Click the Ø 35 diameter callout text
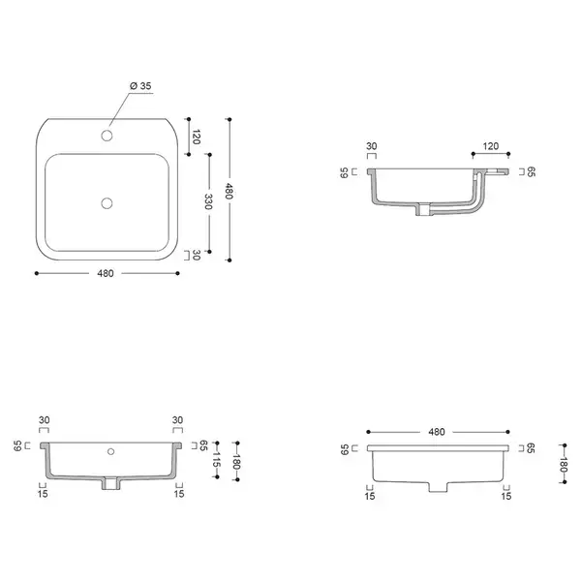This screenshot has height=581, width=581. [140, 86]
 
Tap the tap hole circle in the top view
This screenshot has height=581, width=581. [107, 136]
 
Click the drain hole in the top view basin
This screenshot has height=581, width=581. [107, 203]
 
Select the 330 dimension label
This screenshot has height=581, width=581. [208, 201]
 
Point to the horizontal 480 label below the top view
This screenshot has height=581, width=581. [106, 273]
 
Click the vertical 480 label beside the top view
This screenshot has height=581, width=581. [229, 191]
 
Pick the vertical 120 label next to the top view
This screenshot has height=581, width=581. [196, 137]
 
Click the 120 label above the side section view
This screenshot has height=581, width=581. [491, 146]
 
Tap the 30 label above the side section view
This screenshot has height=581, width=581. [371, 146]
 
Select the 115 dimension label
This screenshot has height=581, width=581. [217, 460]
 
